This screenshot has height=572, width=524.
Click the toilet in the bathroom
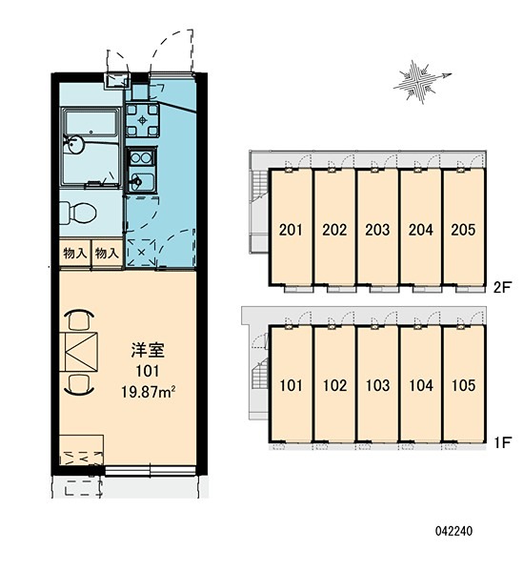[78, 213]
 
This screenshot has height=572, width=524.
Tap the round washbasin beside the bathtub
[74, 145]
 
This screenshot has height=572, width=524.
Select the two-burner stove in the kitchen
[141, 158]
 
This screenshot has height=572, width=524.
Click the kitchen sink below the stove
[141, 181]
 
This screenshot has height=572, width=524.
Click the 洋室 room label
[148, 350]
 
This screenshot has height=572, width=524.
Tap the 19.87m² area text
[149, 392]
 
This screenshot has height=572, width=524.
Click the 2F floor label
[501, 288]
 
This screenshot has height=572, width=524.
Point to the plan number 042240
[453, 531]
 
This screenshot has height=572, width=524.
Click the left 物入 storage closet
[74, 253]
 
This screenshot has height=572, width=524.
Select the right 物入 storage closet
[107, 253]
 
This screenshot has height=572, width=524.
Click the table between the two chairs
[82, 352]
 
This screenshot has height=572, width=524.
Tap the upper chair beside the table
[79, 319]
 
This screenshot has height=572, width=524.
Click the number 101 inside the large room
[148, 371]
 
